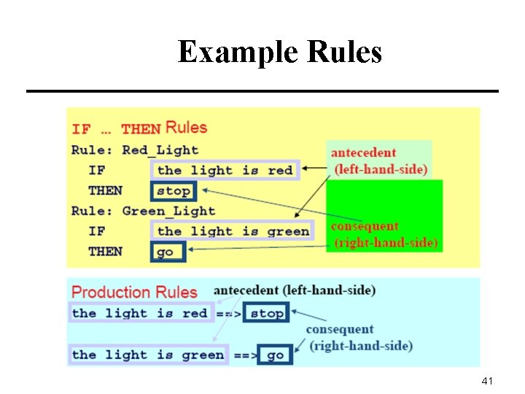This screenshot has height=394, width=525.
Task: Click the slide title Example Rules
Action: (279, 53)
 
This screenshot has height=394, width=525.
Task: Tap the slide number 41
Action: (488, 381)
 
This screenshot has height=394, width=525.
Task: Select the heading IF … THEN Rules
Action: (139, 128)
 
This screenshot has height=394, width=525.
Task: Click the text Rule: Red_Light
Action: (135, 150)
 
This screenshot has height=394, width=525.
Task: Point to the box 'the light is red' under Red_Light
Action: (225, 171)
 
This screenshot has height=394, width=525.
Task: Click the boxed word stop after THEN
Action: (174, 191)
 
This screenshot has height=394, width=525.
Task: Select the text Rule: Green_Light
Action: (144, 212)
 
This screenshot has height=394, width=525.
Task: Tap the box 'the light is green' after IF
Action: (233, 231)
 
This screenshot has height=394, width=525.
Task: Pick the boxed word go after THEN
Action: (168, 252)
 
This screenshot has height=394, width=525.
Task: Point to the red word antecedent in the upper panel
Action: (363, 153)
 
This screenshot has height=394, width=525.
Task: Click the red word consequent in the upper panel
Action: (365, 227)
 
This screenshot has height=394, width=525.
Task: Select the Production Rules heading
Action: (135, 293)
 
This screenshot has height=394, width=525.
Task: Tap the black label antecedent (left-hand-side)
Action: (295, 290)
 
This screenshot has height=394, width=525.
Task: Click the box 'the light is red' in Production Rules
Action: (140, 313)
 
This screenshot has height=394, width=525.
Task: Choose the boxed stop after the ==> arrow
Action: (267, 313)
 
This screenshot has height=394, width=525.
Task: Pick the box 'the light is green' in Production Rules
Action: (148, 355)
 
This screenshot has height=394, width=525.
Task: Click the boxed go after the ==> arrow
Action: (276, 355)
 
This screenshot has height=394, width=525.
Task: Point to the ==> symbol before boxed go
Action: (245, 355)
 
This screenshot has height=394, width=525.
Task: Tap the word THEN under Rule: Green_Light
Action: (105, 252)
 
